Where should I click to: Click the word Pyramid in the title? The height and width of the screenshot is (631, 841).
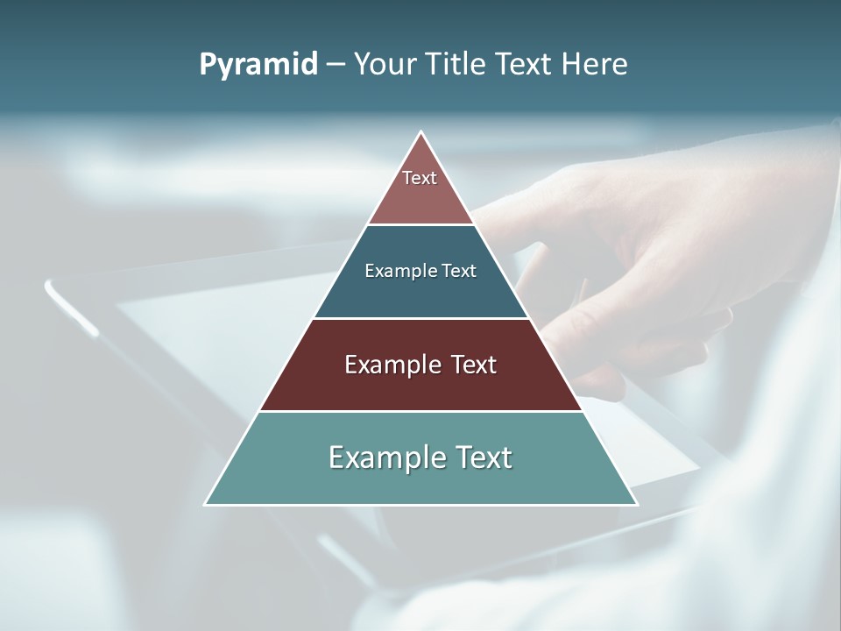pyautogui.click(x=258, y=65)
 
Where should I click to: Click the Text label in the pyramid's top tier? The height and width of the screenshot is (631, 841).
pyautogui.click(x=420, y=178)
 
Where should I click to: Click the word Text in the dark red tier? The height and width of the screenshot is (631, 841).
pyautogui.click(x=473, y=365)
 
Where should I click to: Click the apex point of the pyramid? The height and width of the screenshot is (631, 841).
pyautogui.click(x=421, y=132)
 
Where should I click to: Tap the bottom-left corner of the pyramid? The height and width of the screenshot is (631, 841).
pyautogui.click(x=206, y=504)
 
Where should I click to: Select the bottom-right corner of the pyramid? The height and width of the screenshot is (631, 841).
pyautogui.click(x=636, y=504)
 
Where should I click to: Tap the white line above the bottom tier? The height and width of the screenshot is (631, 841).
pyautogui.click(x=421, y=411)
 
